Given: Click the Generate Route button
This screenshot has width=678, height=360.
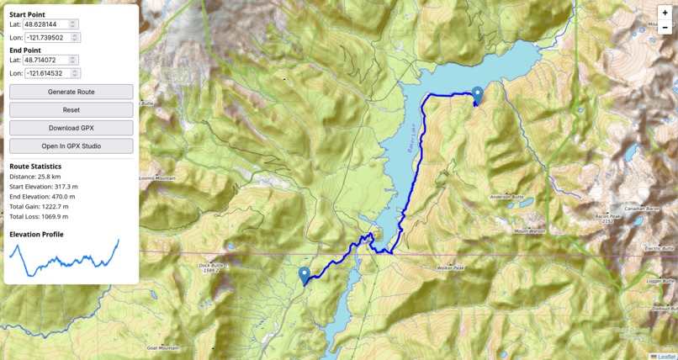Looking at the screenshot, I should (71, 92).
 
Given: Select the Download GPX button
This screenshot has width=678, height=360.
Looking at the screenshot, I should (71, 128).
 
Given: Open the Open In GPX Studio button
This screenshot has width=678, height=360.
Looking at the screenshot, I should (71, 146).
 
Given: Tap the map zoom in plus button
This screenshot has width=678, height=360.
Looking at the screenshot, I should (665, 13).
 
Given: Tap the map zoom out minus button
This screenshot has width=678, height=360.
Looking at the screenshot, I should (665, 28).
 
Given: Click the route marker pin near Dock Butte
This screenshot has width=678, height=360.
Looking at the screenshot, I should (305, 274).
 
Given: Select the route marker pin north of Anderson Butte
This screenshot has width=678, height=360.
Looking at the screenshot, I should (478, 95).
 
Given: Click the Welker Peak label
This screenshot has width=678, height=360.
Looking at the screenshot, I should (450, 267).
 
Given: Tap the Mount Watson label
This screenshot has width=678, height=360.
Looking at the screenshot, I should (530, 231).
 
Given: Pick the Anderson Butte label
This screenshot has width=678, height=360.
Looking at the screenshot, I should (506, 197).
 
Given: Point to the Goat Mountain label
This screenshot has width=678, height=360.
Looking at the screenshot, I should (162, 347).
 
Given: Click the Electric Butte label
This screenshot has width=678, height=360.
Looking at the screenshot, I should (659, 249).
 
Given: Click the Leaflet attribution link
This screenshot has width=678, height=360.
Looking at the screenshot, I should (665, 356).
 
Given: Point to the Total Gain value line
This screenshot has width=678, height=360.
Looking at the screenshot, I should (39, 206).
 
